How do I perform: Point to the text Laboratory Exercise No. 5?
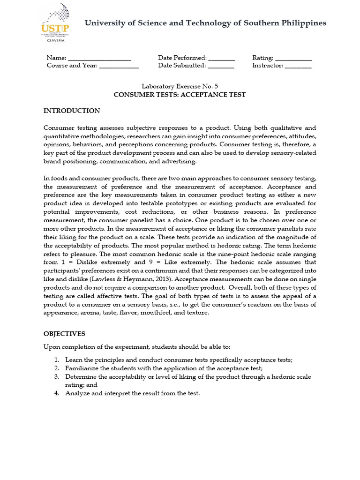point(180,86)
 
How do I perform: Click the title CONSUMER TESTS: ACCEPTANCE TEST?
point(180,95)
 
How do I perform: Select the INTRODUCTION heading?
point(72,111)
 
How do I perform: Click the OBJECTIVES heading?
point(64,334)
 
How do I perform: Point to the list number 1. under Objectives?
point(56,360)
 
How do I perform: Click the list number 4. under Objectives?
point(56,393)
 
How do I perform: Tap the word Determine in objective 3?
point(80,376)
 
